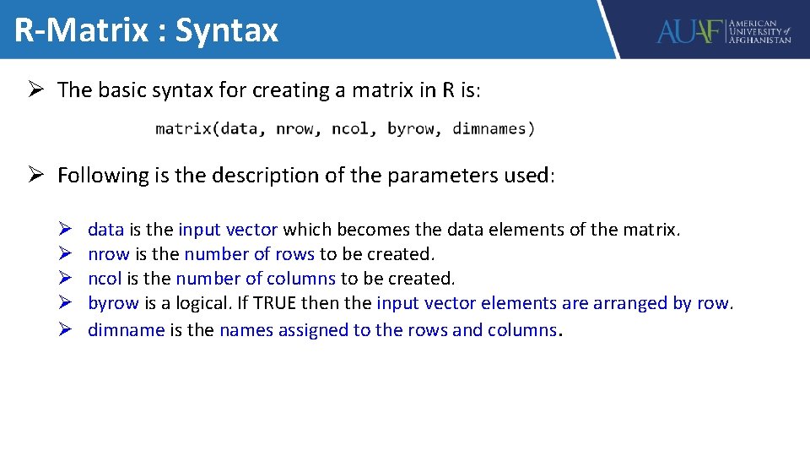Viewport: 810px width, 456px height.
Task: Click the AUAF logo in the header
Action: [x=724, y=31]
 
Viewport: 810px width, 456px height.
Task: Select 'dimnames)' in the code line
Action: [x=494, y=128]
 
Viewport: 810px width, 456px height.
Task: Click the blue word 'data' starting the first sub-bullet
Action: [x=106, y=229]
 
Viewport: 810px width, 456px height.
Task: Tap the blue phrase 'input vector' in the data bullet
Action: [x=228, y=229]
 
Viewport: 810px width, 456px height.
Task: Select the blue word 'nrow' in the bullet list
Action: [x=109, y=253]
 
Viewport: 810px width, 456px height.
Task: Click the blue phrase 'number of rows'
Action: [x=249, y=253]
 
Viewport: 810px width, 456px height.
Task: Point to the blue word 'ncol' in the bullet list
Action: [x=105, y=278]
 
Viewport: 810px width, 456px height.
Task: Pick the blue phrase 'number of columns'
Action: [x=256, y=278]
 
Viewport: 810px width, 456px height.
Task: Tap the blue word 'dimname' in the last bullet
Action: [x=127, y=329]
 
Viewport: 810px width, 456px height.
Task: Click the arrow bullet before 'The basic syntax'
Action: [x=36, y=90]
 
